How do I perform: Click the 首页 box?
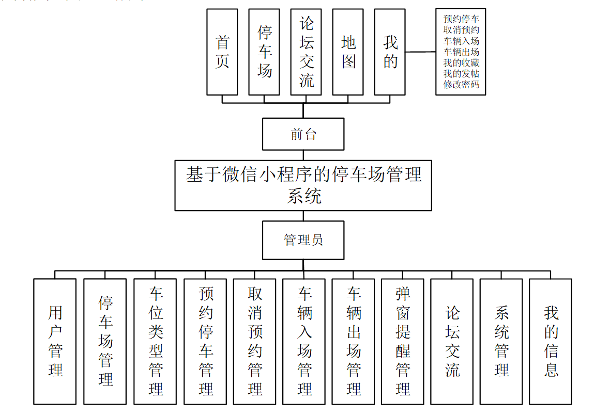click(x=222, y=52)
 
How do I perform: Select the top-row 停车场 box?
click(x=264, y=52)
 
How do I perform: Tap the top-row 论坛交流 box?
click(x=306, y=52)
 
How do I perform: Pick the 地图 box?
click(x=348, y=52)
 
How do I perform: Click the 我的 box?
click(x=390, y=52)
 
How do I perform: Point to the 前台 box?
click(x=303, y=134)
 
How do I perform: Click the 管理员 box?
click(x=303, y=240)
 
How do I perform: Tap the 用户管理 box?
click(x=55, y=341)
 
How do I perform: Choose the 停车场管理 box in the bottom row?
click(x=105, y=341)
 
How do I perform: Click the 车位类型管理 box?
click(x=155, y=341)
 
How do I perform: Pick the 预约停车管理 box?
click(x=205, y=341)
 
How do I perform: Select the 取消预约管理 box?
click(x=254, y=341)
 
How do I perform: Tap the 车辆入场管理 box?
click(x=304, y=341)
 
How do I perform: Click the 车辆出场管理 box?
click(x=353, y=341)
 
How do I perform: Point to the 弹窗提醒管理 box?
click(x=403, y=341)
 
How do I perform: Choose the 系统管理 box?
click(x=501, y=341)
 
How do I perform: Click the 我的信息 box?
click(x=551, y=341)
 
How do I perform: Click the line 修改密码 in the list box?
click(x=461, y=85)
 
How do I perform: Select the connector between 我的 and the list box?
click(x=420, y=52)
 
